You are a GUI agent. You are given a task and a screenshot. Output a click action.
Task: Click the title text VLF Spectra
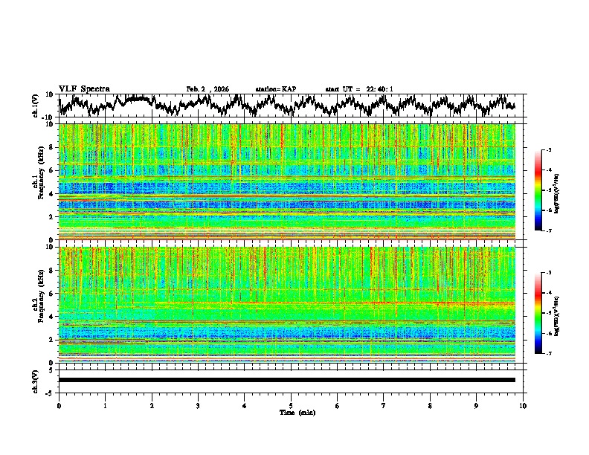(84, 88)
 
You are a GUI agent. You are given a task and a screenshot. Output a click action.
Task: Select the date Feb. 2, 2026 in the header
(207, 89)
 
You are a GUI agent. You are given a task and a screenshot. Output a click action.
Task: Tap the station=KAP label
(275, 89)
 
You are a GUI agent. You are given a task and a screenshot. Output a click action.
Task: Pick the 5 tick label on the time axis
(291, 405)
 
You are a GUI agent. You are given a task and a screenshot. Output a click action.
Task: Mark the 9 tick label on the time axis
(477, 405)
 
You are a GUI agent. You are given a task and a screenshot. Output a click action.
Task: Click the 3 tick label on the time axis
(198, 405)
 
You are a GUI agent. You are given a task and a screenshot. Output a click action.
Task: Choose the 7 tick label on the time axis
(384, 405)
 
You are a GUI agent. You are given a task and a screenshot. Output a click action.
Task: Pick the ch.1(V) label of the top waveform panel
(36, 105)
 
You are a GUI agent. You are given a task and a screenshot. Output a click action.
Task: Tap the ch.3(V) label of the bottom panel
(36, 380)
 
